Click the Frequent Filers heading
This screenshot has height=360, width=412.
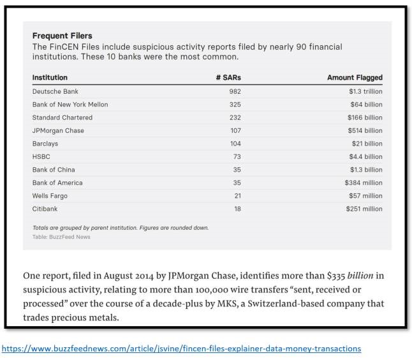pyautogui.click(x=62, y=36)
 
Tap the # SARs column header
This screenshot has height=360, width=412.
pyautogui.click(x=228, y=77)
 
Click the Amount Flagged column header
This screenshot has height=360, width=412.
pyautogui.click(x=355, y=77)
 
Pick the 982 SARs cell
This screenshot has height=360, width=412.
pyautogui.click(x=235, y=91)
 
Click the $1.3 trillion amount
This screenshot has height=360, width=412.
pyautogui.click(x=361, y=91)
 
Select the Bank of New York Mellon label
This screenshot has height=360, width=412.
pyautogui.click(x=70, y=104)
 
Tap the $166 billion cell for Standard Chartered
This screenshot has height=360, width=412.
pyautogui.click(x=365, y=117)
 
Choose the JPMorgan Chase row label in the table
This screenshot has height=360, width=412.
pyautogui.click(x=58, y=130)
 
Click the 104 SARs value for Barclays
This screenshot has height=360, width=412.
pyautogui.click(x=235, y=144)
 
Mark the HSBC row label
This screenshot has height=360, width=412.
pyautogui.click(x=41, y=156)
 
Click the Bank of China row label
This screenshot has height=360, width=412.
pyautogui.click(x=54, y=170)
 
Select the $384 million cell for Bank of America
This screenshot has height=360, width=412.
pyautogui.click(x=364, y=183)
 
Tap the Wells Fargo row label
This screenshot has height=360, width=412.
pyautogui.click(x=50, y=196)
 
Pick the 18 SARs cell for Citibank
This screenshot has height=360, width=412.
pyautogui.click(x=237, y=209)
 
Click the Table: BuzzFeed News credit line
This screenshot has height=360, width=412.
pyautogui.click(x=61, y=237)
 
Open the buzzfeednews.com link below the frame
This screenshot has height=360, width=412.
pyautogui.click(x=182, y=349)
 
